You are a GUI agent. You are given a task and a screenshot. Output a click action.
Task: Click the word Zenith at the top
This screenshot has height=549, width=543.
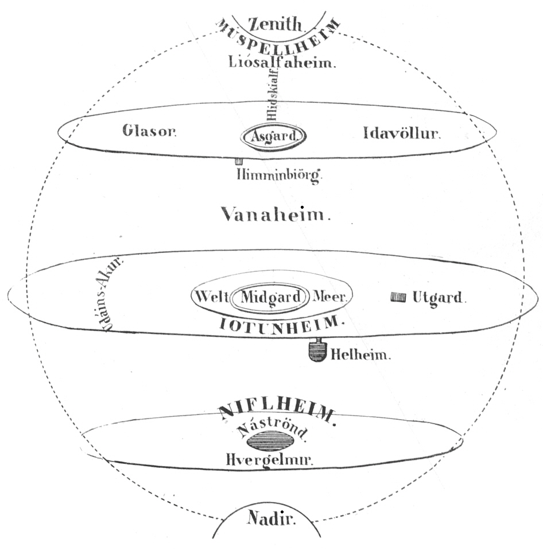tap(274, 24)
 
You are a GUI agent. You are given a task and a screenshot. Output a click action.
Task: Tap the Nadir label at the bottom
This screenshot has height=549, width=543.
tap(271, 519)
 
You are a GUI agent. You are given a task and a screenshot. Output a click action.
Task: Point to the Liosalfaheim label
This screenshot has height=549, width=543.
tap(281, 62)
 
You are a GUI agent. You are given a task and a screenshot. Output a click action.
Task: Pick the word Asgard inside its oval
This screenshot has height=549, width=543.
tap(274, 137)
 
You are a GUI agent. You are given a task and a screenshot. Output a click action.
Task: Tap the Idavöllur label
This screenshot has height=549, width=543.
tap(402, 134)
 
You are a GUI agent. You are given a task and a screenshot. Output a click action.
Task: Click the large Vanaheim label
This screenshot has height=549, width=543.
tap(276, 214)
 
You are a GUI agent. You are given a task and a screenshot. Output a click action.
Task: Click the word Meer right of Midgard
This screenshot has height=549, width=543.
tap(331, 298)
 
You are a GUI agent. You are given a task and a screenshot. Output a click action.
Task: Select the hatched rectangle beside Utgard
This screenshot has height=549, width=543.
tap(398, 297)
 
